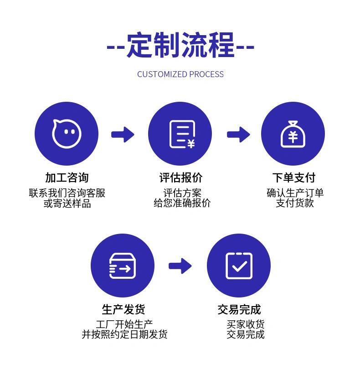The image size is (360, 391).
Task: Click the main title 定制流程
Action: pyautogui.click(x=180, y=45)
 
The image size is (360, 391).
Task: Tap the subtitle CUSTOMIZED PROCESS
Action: pyautogui.click(x=180, y=74)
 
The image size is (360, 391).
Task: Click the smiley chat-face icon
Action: pyautogui.click(x=67, y=134)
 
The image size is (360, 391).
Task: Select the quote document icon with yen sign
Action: pyautogui.click(x=180, y=134)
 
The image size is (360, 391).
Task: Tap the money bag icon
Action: pyautogui.click(x=293, y=134)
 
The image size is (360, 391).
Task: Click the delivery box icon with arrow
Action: pyautogui.click(x=122, y=266)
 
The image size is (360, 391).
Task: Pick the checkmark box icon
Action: pyautogui.click(x=239, y=266)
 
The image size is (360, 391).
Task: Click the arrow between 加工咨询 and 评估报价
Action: pyautogui.click(x=123, y=134)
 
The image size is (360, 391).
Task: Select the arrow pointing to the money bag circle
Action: pyautogui.click(x=238, y=134)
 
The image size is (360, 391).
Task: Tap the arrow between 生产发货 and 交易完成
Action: pyautogui.click(x=180, y=266)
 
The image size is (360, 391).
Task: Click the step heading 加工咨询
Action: pyautogui.click(x=67, y=177)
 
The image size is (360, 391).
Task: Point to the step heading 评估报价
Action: pyautogui.click(x=180, y=177)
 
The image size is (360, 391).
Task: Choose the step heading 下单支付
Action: pyautogui.click(x=293, y=177)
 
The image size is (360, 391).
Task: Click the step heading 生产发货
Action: pyautogui.click(x=123, y=309)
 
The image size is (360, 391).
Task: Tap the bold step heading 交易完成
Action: pyautogui.click(x=239, y=309)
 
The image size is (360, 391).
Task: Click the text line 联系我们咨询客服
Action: pyautogui.click(x=67, y=193)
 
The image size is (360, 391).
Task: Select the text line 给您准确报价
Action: pyautogui.click(x=182, y=203)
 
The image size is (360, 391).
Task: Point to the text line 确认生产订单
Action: pyautogui.click(x=295, y=193)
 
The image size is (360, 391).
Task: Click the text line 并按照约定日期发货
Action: pyautogui.click(x=124, y=334)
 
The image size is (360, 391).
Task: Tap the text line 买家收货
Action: pyautogui.click(x=246, y=324)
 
